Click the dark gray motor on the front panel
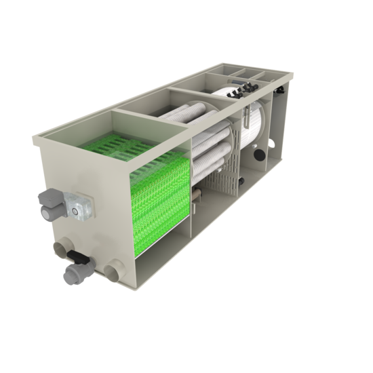click(x=49, y=202)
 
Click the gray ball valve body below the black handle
click(x=70, y=274)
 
